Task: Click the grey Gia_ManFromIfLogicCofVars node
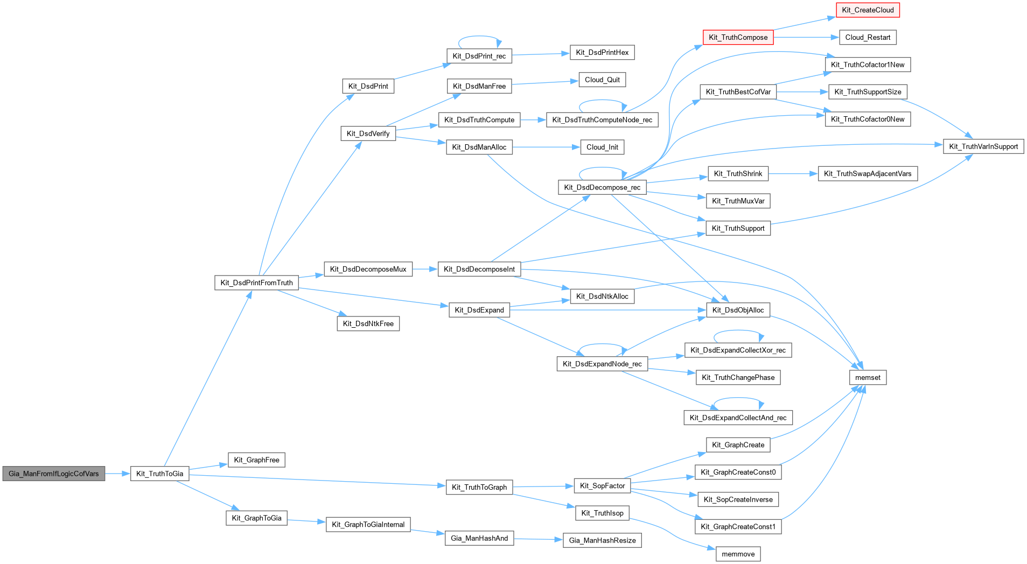[x=54, y=474]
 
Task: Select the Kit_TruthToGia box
[x=159, y=474]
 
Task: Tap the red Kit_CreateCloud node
[x=868, y=10]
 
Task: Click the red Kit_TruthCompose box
[x=738, y=37]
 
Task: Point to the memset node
[x=868, y=377]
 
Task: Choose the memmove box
[x=738, y=554]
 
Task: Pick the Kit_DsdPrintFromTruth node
[x=256, y=283]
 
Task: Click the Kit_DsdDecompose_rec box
[x=602, y=187]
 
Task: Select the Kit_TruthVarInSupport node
[x=983, y=146]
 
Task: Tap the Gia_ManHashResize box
[x=602, y=540]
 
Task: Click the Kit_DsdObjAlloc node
[x=738, y=310]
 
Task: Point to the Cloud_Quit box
[x=602, y=80]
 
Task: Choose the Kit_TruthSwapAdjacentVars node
[x=868, y=174]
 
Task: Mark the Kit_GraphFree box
[x=256, y=460]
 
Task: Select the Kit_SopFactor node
[x=602, y=486]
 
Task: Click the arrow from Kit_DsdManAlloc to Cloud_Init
[x=546, y=147]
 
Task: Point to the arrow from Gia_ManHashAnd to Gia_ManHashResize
[x=539, y=539]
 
